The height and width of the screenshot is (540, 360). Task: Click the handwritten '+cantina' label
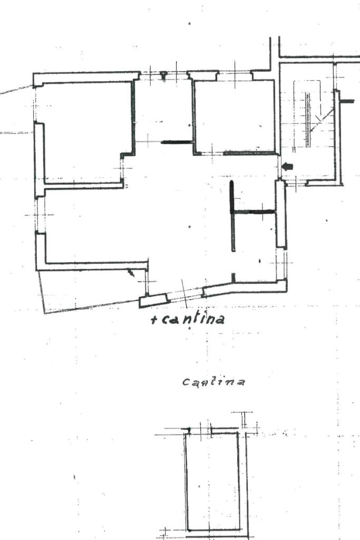tap(188, 319)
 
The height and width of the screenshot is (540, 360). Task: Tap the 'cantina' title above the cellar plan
tap(213, 381)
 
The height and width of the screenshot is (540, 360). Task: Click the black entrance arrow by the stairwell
tap(287, 167)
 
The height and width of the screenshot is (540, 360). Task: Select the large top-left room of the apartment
tap(84, 132)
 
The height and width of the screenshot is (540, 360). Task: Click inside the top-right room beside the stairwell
tap(234, 116)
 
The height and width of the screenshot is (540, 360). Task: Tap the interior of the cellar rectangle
tap(213, 480)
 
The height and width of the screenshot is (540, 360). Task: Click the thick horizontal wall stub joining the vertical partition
tap(254, 212)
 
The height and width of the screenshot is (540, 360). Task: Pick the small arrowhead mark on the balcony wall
tap(131, 273)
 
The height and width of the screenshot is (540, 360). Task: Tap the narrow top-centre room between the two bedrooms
tap(163, 111)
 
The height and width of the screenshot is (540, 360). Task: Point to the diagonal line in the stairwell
tap(323, 120)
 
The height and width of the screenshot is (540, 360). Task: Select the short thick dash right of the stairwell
tap(347, 101)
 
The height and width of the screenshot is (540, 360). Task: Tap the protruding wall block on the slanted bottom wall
tap(153, 301)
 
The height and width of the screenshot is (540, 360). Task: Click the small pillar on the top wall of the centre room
tap(163, 75)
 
